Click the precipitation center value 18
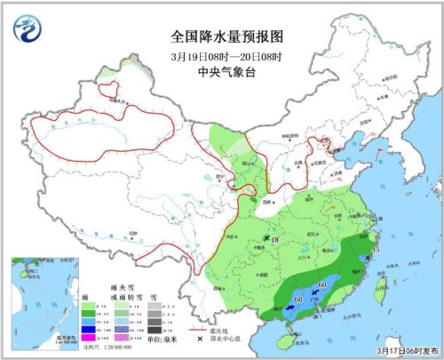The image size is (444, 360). pos(276,240)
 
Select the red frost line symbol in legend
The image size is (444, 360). pos(182,305)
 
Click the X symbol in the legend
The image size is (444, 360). pos(182,316)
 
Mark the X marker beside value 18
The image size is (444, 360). pos(266,238)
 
